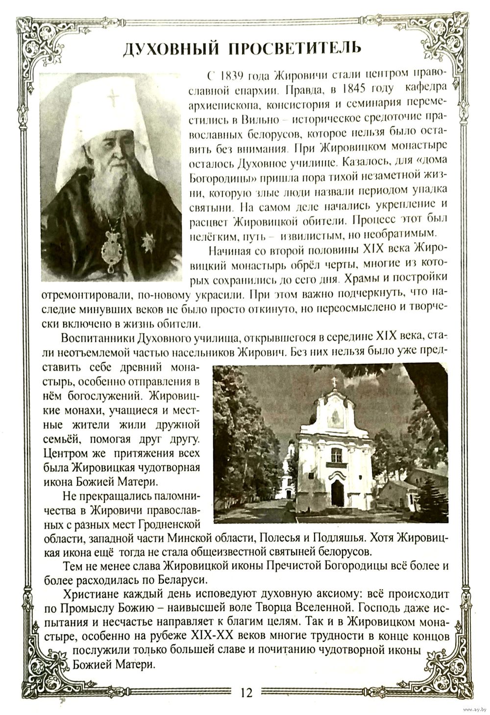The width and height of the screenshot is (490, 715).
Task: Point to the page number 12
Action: (x=245, y=692)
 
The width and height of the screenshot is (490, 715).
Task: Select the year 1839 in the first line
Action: (x=233, y=76)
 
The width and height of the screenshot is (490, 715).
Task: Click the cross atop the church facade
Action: (x=335, y=382)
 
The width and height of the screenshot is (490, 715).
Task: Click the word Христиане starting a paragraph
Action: (x=88, y=595)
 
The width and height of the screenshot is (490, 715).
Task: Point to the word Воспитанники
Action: (x=98, y=338)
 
